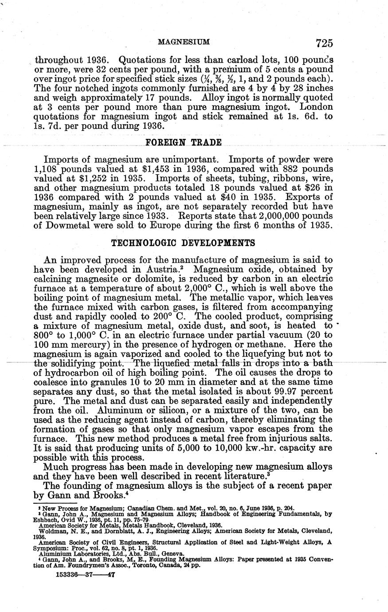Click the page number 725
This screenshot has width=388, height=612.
(324, 43)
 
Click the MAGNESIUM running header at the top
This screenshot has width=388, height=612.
(183, 42)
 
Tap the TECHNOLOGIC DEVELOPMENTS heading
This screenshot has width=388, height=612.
(183, 243)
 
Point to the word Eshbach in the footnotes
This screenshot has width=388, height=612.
(47, 519)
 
